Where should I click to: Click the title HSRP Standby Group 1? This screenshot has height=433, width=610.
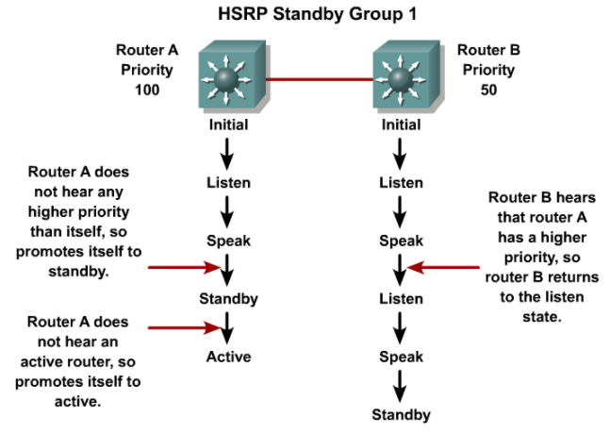pos(305,15)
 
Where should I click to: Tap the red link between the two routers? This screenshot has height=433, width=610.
pos(314,79)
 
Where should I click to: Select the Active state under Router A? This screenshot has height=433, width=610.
pos(228,357)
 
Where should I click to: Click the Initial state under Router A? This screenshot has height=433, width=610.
pos(228,124)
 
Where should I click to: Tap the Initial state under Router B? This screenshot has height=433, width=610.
pos(401,124)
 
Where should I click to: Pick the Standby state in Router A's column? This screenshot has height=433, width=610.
pos(228,299)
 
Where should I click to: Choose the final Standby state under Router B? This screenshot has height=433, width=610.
pos(401,415)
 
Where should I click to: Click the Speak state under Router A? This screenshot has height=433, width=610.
pos(228,241)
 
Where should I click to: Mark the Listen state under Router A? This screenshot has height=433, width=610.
pos(228,182)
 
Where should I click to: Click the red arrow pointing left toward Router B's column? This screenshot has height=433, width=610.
pos(444,268)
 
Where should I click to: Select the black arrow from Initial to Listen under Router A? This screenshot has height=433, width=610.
pos(228,152)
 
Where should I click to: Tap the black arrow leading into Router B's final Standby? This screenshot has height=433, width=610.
pos(401,386)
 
